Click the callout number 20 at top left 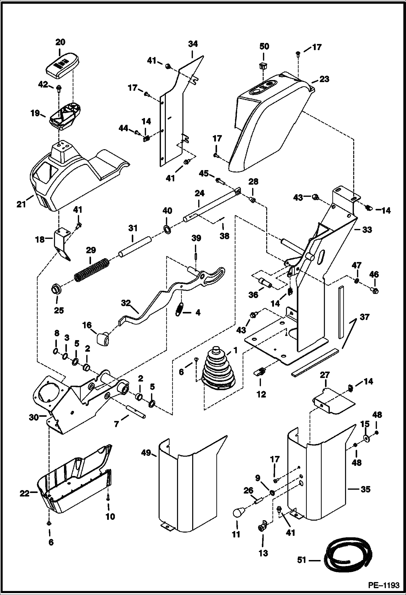(x=60, y=42)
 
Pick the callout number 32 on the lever (x=126, y=303)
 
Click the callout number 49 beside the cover (x=146, y=453)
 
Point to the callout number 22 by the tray (x=24, y=494)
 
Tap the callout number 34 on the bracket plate (x=193, y=44)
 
